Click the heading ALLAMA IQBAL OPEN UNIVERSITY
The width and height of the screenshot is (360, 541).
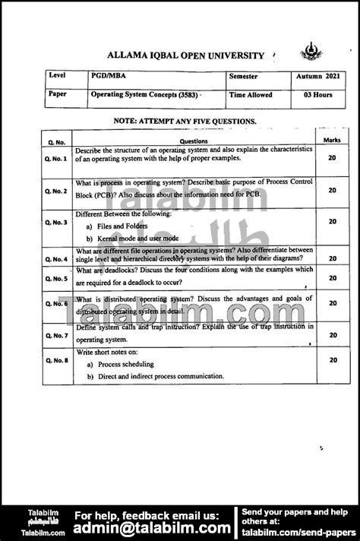point(187,55)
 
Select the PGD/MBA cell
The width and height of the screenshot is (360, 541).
point(106,78)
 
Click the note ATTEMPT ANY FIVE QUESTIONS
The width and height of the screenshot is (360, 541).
point(185,122)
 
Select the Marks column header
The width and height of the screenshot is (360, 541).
point(332,141)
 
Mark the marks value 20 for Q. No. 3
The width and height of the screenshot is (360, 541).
point(332,222)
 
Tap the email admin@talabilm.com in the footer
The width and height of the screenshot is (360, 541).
point(152,527)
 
